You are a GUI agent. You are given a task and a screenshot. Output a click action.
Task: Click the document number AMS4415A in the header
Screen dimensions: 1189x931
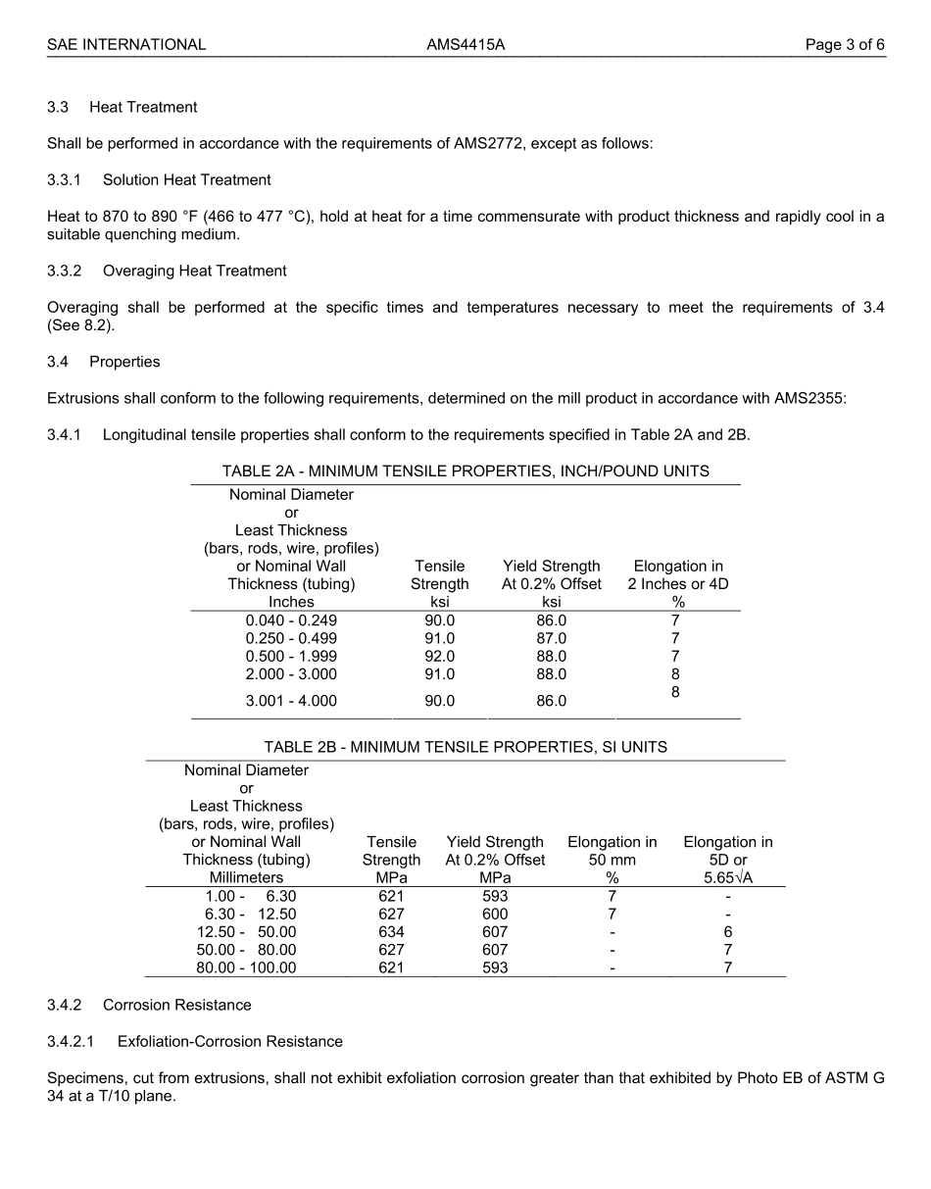(x=465, y=44)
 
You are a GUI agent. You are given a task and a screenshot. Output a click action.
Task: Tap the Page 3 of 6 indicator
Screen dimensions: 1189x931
(x=845, y=44)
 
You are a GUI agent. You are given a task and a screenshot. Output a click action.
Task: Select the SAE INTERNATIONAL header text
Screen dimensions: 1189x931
(x=126, y=44)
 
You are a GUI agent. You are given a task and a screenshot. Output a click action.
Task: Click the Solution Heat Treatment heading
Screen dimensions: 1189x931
(x=186, y=179)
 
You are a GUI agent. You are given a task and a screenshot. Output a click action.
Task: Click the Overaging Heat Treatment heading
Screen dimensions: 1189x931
(x=194, y=271)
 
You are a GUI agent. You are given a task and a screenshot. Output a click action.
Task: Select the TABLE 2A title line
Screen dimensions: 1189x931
(x=465, y=471)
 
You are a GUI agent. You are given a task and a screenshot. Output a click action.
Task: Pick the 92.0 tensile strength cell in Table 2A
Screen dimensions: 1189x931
(x=439, y=656)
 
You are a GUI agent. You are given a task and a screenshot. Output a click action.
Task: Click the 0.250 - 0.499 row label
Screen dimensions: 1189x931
(x=291, y=638)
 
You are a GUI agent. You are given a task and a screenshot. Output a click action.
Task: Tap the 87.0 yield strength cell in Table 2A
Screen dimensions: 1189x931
(x=551, y=638)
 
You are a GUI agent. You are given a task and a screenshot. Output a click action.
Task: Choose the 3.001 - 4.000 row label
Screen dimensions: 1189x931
(x=291, y=701)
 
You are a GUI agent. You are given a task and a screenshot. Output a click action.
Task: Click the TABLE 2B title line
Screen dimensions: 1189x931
(x=465, y=747)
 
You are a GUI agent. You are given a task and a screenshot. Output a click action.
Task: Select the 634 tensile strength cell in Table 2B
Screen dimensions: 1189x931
(x=391, y=932)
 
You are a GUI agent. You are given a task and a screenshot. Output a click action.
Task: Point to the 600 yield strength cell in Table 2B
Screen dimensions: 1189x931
(x=495, y=915)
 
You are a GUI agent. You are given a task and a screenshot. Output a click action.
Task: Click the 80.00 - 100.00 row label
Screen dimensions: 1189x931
(x=246, y=967)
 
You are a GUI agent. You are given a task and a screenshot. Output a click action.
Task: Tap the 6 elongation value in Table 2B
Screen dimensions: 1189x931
(x=727, y=932)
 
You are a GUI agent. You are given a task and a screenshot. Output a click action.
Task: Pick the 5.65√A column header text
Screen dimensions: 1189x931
(x=727, y=878)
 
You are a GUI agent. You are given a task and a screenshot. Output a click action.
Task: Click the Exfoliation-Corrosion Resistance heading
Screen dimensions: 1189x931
(x=229, y=1041)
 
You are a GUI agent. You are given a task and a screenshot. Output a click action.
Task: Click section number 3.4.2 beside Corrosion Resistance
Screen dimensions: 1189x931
(x=66, y=1005)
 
